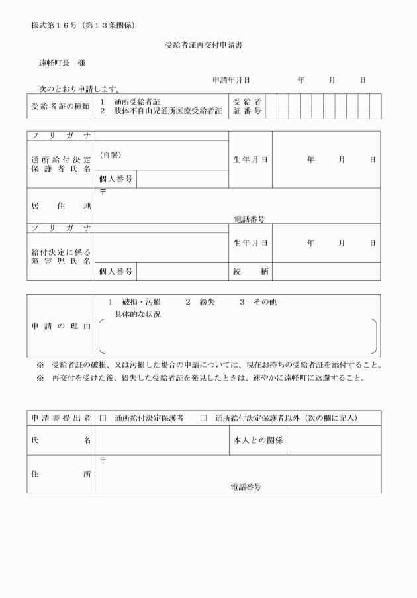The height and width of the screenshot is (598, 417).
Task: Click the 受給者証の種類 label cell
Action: pyautogui.click(x=60, y=106)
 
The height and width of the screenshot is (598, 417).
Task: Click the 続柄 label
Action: pyautogui.click(x=250, y=272)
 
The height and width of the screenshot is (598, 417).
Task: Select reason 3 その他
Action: pyautogui.click(x=257, y=302)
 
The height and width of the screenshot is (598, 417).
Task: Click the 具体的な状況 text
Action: pyautogui.click(x=138, y=314)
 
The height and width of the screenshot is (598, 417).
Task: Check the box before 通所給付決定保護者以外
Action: pyautogui.click(x=203, y=418)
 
